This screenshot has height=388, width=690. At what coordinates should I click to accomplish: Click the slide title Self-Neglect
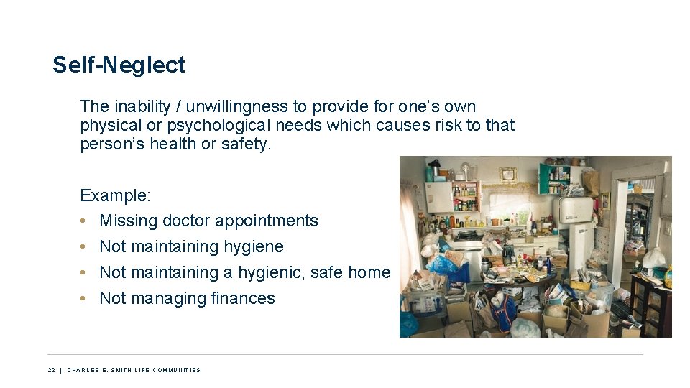(x=119, y=65)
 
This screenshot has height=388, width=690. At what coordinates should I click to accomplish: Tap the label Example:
(x=115, y=195)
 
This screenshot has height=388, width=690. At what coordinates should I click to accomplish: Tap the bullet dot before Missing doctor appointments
(x=84, y=221)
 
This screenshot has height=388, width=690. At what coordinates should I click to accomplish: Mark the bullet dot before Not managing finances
(x=84, y=298)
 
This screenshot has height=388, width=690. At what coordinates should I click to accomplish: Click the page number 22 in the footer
(x=52, y=370)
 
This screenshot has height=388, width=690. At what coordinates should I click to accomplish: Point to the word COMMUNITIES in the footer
(x=175, y=370)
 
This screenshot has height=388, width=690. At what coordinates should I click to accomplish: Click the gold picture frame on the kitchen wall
(x=508, y=174)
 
